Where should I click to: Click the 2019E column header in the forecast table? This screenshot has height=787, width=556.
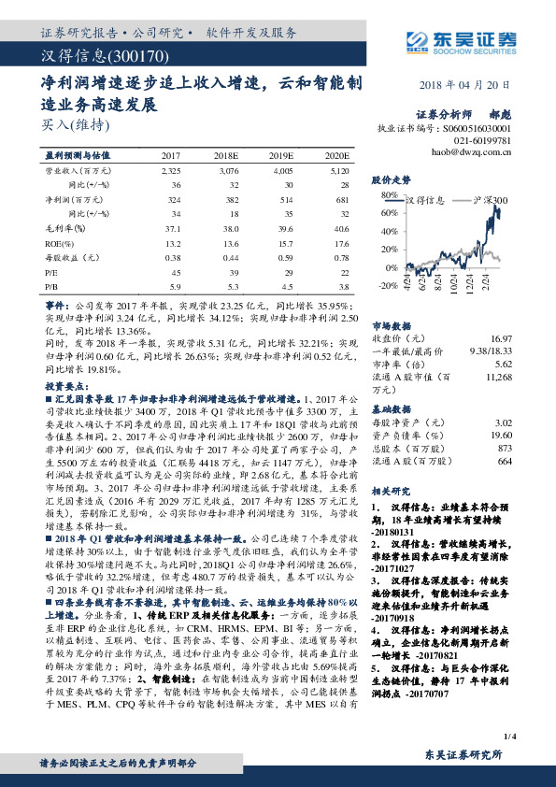[294, 155]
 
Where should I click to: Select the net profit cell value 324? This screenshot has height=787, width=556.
[171, 199]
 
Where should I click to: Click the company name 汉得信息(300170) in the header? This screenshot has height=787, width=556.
[90, 57]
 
